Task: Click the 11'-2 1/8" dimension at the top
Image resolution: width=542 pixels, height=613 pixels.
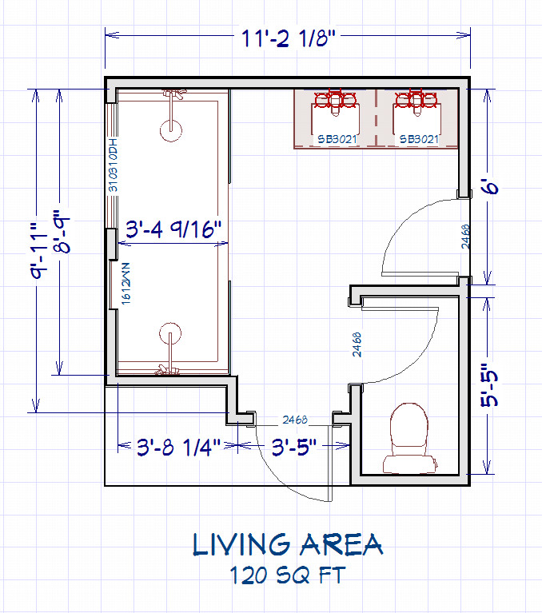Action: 287,37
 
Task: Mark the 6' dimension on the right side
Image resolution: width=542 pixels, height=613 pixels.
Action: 490,189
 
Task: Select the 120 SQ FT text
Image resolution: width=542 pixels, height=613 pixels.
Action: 286,575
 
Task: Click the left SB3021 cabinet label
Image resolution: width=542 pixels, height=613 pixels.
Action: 336,139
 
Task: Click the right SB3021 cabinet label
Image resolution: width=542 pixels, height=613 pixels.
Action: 418,139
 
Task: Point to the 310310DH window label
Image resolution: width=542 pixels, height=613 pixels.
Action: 113,165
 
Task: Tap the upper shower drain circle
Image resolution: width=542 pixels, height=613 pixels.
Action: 169,129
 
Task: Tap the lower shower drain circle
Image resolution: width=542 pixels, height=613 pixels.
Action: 169,333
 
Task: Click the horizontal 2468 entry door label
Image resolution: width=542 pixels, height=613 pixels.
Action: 293,420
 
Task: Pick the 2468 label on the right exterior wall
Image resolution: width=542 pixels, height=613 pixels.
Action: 465,237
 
